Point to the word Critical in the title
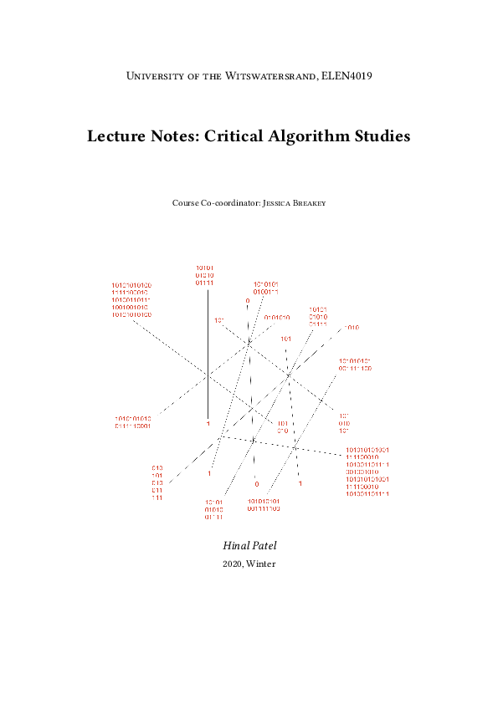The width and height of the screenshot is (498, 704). pos(227,135)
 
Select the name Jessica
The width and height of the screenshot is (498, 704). pos(282,203)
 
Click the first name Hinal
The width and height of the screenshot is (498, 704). pos(235,545)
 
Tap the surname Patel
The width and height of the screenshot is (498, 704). pos(264,545)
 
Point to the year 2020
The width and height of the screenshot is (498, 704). pos(232,564)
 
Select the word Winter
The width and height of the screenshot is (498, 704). pos(261,564)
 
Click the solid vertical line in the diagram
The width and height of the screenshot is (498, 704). pos(208,351)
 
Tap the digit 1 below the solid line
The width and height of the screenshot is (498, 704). pos(208,425)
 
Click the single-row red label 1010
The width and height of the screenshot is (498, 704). pos(352,328)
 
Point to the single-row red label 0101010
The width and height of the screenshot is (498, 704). pos(277,318)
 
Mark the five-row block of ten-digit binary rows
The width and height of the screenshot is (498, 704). pos(131,299)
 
